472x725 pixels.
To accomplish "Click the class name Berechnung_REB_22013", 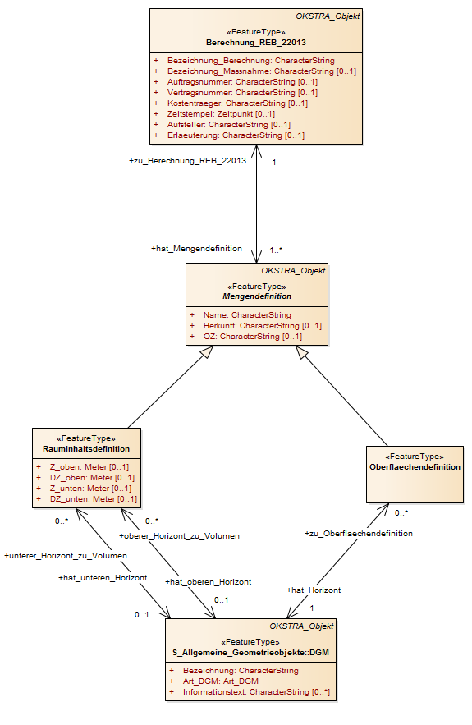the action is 255,43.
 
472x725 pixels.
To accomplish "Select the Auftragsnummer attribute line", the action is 242,82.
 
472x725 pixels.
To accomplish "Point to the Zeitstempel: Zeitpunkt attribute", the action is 221,114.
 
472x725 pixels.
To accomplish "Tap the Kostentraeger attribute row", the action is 237,103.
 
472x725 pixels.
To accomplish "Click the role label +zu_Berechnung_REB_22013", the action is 187,161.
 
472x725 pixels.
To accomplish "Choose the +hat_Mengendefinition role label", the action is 196,249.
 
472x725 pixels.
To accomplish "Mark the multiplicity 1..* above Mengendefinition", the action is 276,250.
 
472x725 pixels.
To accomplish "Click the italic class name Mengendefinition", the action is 257,296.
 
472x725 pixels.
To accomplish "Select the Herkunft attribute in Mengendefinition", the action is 263,325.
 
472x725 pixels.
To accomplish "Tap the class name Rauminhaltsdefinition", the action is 86,449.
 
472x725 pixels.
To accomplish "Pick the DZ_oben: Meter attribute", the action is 92,478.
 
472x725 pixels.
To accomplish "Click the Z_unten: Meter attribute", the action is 90,489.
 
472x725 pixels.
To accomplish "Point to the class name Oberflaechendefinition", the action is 415,467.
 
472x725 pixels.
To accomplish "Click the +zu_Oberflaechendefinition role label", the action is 358,534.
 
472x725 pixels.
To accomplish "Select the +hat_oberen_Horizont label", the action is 208,582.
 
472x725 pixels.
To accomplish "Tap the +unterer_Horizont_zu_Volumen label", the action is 66,556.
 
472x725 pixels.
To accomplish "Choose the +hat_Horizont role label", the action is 314,590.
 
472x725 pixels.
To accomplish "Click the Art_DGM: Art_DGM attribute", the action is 221,681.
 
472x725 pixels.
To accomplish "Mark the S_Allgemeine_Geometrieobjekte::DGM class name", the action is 250,653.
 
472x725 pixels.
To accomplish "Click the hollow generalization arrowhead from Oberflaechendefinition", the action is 301,352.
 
